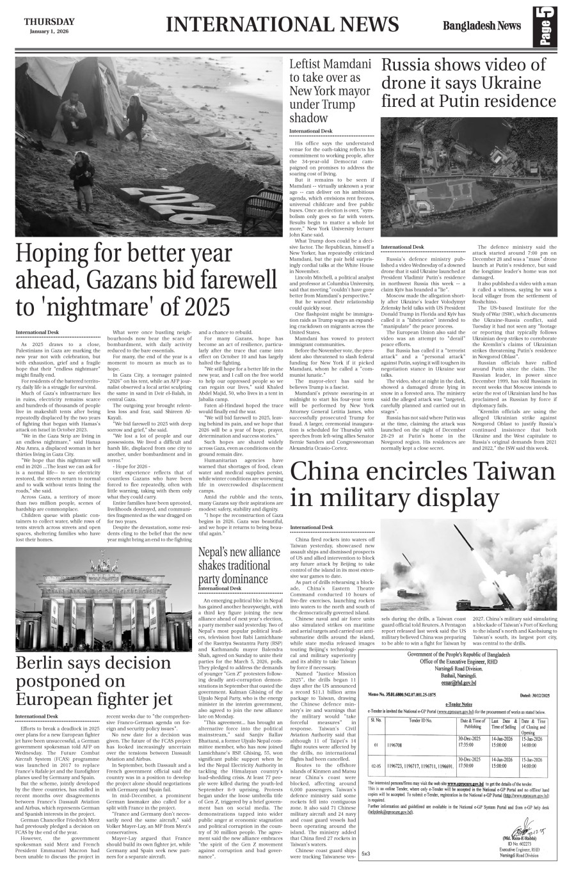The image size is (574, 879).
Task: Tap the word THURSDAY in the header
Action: (49, 21)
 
